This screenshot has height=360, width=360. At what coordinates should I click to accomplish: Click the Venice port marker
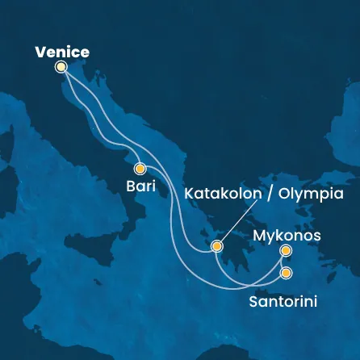pyautogui.click(x=61, y=68)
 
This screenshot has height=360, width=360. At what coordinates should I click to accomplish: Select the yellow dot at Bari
pyautogui.click(x=140, y=170)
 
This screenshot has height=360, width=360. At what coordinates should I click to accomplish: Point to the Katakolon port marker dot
pyautogui.click(x=216, y=246)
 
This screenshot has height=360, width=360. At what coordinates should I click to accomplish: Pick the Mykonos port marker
pyautogui.click(x=285, y=251)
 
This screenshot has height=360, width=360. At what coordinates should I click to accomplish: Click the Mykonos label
pyautogui.click(x=287, y=236)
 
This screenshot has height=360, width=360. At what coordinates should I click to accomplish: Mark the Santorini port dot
pyautogui.click(x=286, y=273)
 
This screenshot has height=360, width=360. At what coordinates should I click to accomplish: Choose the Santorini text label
pyautogui.click(x=282, y=302)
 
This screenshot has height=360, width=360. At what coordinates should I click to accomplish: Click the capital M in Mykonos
pyautogui.click(x=259, y=236)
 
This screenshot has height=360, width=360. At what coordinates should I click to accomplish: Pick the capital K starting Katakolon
pyautogui.click(x=190, y=194)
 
